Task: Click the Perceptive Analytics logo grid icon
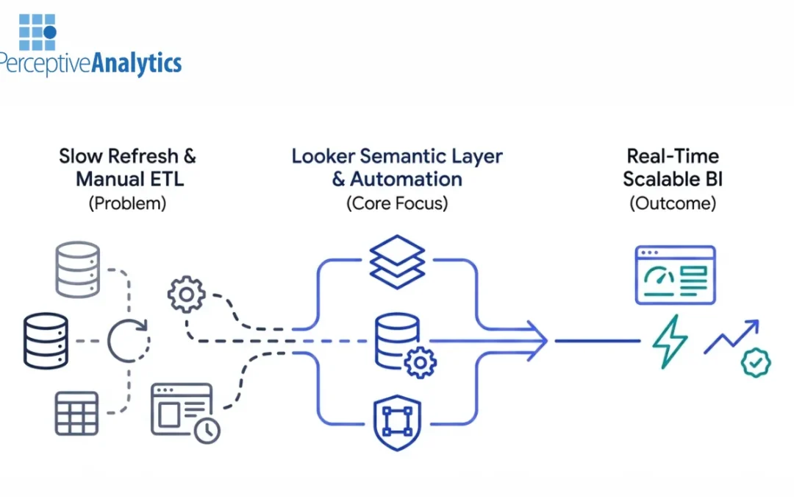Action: [x=37, y=31]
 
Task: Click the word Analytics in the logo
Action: [x=137, y=63]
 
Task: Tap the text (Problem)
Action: [x=127, y=204]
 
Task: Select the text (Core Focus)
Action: [x=397, y=204]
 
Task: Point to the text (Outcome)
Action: [x=673, y=204]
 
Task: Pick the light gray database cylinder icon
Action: [x=77, y=269]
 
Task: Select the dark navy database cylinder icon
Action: [x=46, y=340]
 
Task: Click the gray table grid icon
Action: [x=76, y=412]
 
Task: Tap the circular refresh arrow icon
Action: [x=129, y=340]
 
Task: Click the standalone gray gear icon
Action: [x=187, y=295]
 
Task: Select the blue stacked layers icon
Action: [x=397, y=262]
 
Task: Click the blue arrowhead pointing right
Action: [x=536, y=340]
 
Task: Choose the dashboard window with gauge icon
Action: [x=675, y=275]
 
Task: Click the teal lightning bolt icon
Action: [x=670, y=341]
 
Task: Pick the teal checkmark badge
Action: [x=755, y=362]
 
